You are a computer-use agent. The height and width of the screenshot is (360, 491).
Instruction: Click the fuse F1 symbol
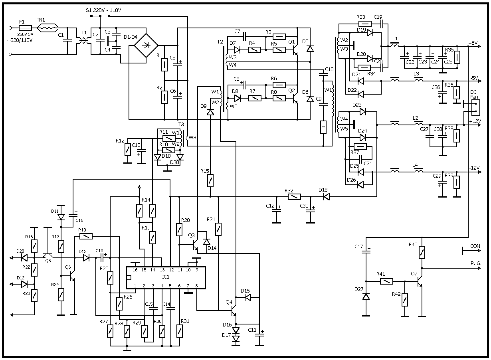click(x=26, y=28)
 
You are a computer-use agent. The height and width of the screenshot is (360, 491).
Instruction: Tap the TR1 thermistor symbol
click(x=48, y=28)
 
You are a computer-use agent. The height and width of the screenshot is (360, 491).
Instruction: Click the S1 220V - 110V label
click(x=103, y=10)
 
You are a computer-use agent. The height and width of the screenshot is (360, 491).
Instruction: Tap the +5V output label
click(x=473, y=43)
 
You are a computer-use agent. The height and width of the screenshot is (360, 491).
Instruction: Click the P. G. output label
click(x=476, y=263)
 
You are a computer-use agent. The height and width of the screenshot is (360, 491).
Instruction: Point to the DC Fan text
click(x=474, y=95)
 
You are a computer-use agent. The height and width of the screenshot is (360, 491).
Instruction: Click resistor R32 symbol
click(x=295, y=197)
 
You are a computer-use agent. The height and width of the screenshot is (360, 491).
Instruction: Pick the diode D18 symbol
click(x=326, y=197)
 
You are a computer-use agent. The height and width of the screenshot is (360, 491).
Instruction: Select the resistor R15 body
click(x=210, y=181)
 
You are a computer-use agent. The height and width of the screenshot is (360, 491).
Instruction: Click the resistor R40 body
click(x=422, y=252)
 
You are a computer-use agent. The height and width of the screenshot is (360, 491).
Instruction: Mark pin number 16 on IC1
click(x=135, y=270)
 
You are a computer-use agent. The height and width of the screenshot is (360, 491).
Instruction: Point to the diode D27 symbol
click(x=366, y=297)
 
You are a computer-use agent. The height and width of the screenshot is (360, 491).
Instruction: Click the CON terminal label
click(x=475, y=246)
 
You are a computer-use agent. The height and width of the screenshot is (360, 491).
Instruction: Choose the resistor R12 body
click(x=127, y=150)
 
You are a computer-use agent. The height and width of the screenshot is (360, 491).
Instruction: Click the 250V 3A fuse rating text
click(x=25, y=35)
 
